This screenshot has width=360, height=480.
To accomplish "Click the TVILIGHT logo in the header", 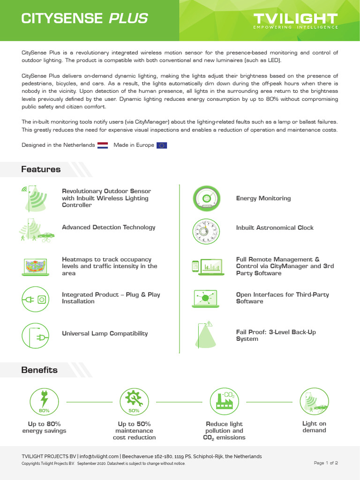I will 295,20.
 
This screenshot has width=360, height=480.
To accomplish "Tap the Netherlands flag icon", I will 103,145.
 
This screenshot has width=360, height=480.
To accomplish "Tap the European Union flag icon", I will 162,145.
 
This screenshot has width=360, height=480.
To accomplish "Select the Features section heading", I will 41,169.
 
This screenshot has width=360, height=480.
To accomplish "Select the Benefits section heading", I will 39,370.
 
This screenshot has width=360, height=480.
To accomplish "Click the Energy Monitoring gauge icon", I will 206,198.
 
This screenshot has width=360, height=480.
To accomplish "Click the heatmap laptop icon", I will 36,266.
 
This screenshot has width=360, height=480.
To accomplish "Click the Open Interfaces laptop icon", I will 205,298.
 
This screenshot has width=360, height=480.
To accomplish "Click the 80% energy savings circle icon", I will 44,402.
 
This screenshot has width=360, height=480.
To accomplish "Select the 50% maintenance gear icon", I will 134,402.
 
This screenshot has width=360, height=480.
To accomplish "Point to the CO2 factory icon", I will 225,402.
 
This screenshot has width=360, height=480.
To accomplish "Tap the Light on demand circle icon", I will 314,402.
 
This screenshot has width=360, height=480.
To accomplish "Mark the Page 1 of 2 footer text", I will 326,463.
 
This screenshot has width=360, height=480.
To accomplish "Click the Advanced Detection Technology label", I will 108,227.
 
